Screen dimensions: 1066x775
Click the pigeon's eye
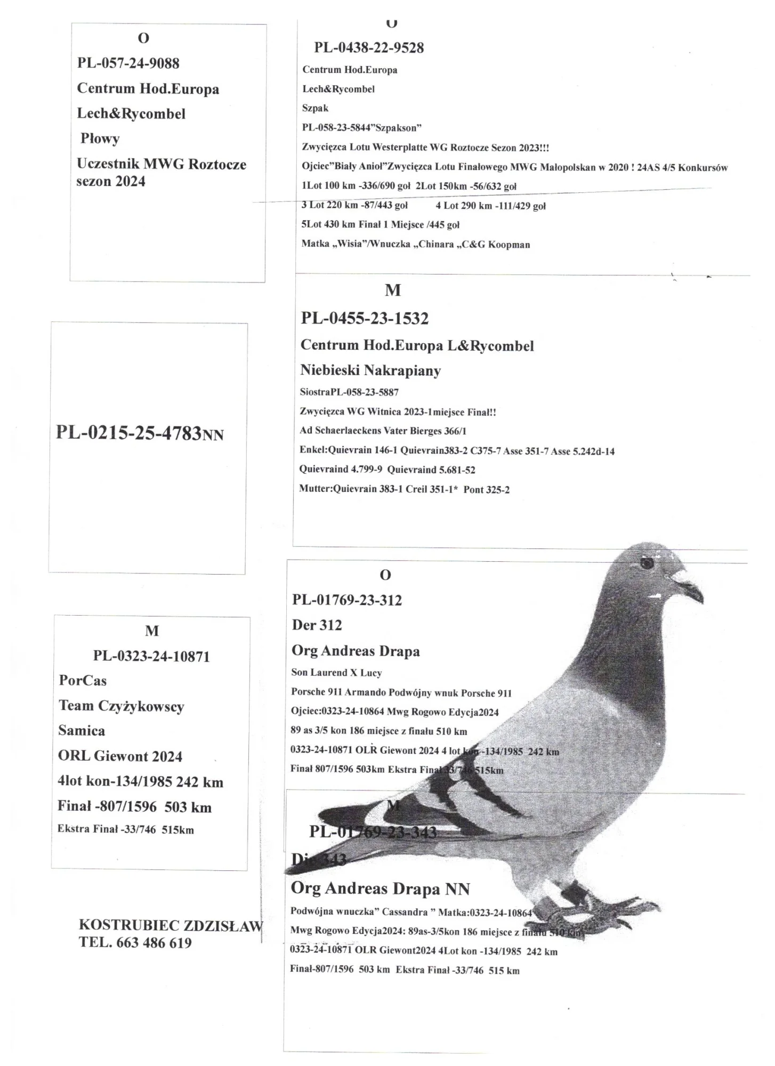pyautogui.click(x=647, y=563)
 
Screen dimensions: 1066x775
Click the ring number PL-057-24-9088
pyautogui.click(x=128, y=63)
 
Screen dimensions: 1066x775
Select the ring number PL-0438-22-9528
pyautogui.click(x=369, y=48)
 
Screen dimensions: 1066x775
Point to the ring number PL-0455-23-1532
pyautogui.click(x=365, y=319)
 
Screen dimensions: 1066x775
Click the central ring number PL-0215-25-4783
pyautogui.click(x=128, y=432)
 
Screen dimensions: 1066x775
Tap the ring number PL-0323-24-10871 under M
pyautogui.click(x=151, y=656)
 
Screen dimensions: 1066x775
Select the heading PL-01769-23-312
pyautogui.click(x=347, y=600)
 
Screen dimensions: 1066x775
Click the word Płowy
pyautogui.click(x=100, y=139)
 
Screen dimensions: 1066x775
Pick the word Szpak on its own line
pyautogui.click(x=315, y=108)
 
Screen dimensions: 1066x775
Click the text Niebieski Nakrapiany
pyautogui.click(x=370, y=370)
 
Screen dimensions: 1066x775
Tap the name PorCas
pyautogui.click(x=83, y=681)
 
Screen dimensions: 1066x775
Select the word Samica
pyautogui.click(x=82, y=731)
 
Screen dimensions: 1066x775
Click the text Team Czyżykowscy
pyautogui.click(x=121, y=706)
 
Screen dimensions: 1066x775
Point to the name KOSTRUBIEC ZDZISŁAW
pyautogui.click(x=171, y=925)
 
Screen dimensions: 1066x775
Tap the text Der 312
pyautogui.click(x=317, y=625)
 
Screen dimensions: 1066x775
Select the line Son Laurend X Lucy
pyautogui.click(x=336, y=673)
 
